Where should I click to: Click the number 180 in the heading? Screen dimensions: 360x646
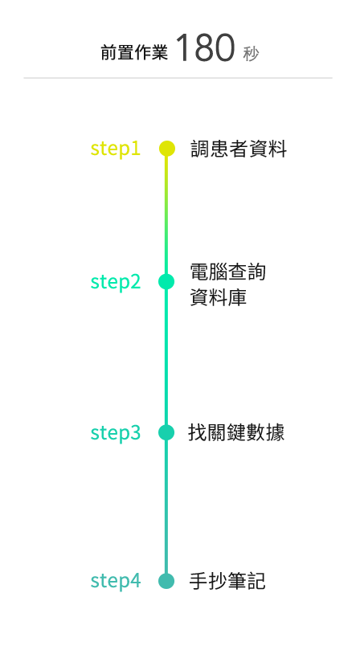(x=206, y=47)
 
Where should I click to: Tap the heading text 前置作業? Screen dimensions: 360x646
(x=134, y=53)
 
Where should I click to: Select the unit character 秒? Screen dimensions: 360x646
(x=251, y=54)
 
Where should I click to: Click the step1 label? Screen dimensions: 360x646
(x=116, y=149)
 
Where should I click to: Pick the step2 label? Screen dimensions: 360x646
(x=116, y=282)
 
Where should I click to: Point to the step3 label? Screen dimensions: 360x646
(x=116, y=432)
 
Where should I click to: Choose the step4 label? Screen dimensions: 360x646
(x=116, y=581)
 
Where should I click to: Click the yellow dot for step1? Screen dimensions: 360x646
(x=167, y=149)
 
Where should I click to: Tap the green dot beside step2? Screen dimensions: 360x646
(x=166, y=282)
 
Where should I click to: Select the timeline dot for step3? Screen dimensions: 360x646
(x=166, y=432)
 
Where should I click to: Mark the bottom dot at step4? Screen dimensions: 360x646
(x=166, y=581)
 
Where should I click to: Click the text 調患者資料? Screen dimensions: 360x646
(x=239, y=149)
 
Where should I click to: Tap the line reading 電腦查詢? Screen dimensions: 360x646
(x=227, y=272)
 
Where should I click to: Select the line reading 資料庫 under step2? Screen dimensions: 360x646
(x=219, y=296)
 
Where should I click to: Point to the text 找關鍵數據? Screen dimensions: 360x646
(x=236, y=433)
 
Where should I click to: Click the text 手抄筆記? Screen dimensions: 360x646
(x=227, y=581)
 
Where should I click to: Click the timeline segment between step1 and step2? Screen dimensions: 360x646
(x=166, y=215)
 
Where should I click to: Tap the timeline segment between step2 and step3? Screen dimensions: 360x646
(x=166, y=358)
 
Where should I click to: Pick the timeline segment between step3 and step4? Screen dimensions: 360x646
(x=166, y=507)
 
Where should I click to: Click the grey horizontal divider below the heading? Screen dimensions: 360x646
(x=178, y=77)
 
